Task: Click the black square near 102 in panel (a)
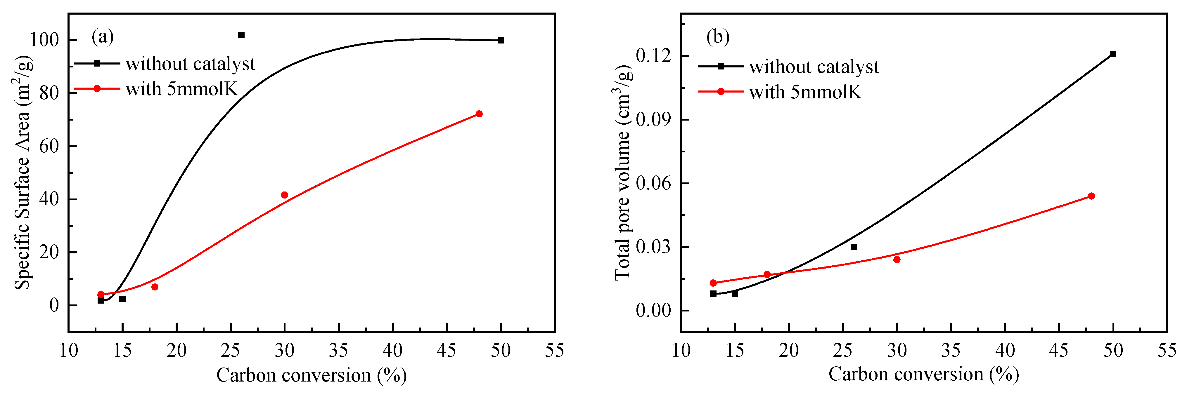tap(241, 35)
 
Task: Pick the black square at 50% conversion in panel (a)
tap(501, 40)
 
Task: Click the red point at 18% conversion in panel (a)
tap(155, 287)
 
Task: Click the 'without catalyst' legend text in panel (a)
tap(190, 64)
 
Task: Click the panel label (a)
tap(102, 36)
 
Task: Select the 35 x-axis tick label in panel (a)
tap(339, 351)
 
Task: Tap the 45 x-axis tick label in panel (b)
tap(1059, 351)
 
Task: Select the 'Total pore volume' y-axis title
tap(623, 173)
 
